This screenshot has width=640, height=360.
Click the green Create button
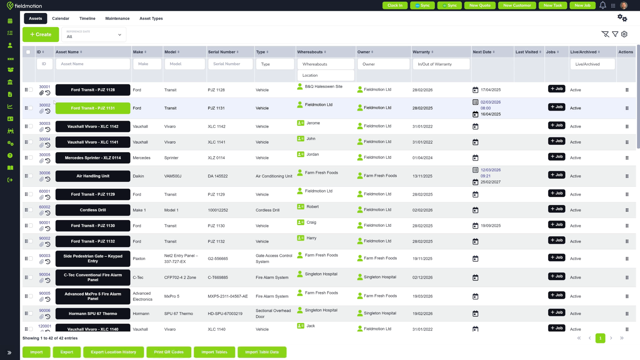pyautogui.click(x=41, y=34)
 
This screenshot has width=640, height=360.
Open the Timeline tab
pyautogui.click(x=87, y=18)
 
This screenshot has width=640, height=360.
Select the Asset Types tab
pyautogui.click(x=151, y=18)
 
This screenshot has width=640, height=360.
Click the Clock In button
pyautogui.click(x=395, y=5)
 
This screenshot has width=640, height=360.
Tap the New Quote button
pyautogui.click(x=480, y=5)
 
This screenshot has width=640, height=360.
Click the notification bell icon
pyautogui.click(x=603, y=5)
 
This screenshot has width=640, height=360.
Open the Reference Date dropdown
pyautogui.click(x=94, y=34)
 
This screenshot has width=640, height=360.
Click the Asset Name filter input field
pyautogui.click(x=93, y=64)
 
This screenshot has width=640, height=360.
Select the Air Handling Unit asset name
pyautogui.click(x=93, y=176)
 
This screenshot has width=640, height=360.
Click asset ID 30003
pyautogui.click(x=45, y=123)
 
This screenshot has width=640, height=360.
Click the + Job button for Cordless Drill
pyautogui.click(x=556, y=209)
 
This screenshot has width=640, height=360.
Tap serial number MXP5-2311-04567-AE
pyautogui.click(x=228, y=296)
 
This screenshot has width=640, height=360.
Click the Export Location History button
pyautogui.click(x=113, y=352)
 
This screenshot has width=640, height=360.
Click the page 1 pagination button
pyautogui.click(x=600, y=338)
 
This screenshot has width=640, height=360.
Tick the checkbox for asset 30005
pyautogui.click(x=31, y=158)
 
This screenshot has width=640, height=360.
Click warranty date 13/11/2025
pyautogui.click(x=422, y=176)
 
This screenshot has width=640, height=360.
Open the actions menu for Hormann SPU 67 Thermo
pyautogui.click(x=627, y=314)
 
